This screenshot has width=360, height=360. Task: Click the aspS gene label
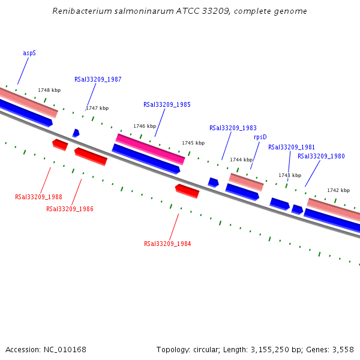pos(29,53)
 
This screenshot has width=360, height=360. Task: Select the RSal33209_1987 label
pos(98,79)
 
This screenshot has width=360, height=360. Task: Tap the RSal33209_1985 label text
pos(167,104)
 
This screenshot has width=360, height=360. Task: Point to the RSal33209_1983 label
pos(233,128)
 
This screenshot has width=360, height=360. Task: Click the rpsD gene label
pos(260,137)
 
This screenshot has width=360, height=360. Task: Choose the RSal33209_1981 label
pos(291,147)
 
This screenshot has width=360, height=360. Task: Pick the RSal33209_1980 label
pos(321,156)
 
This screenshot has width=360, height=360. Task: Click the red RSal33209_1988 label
pos(38,197)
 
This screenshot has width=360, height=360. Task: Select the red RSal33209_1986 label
pos(70,209)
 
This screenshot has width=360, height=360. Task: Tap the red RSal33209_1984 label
pos(167,244)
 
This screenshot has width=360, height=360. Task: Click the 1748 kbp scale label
pos(49,90)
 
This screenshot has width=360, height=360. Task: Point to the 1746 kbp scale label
pos(145,126)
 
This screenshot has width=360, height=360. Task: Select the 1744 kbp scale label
pos(241,160)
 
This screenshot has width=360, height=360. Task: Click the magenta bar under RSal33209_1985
pos(150,148)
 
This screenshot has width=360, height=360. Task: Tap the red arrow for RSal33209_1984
pos(187,191)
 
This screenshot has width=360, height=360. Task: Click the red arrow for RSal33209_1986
pos(91,156)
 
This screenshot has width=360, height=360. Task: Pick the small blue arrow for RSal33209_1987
pos(76,133)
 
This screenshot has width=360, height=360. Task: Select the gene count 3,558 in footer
pos(343,349)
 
